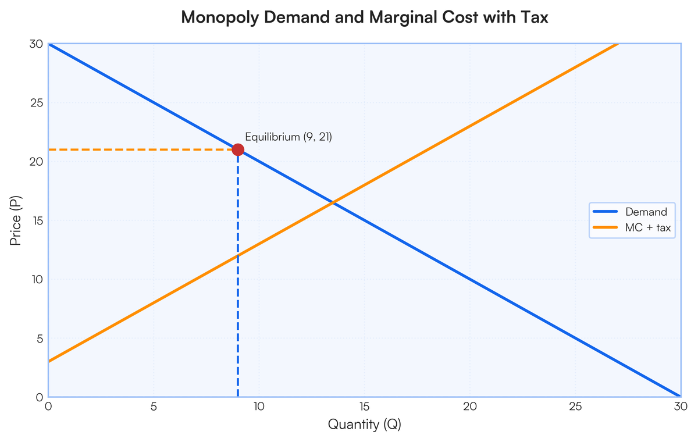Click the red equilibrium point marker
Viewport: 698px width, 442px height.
pyautogui.click(x=238, y=149)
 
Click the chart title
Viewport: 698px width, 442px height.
pyautogui.click(x=365, y=17)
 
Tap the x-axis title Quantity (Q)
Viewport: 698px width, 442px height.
pyautogui.click(x=365, y=425)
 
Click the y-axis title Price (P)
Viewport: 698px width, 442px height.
pyautogui.click(x=16, y=220)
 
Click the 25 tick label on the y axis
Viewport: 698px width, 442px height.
pyautogui.click(x=36, y=103)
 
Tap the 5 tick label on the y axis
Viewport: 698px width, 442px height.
pyautogui.click(x=39, y=338)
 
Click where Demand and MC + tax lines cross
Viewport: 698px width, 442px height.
pyautogui.click(x=333, y=202)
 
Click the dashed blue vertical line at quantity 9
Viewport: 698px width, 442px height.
pyautogui.click(x=238, y=279)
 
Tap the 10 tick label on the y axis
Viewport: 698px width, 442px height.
pyautogui.click(x=36, y=279)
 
